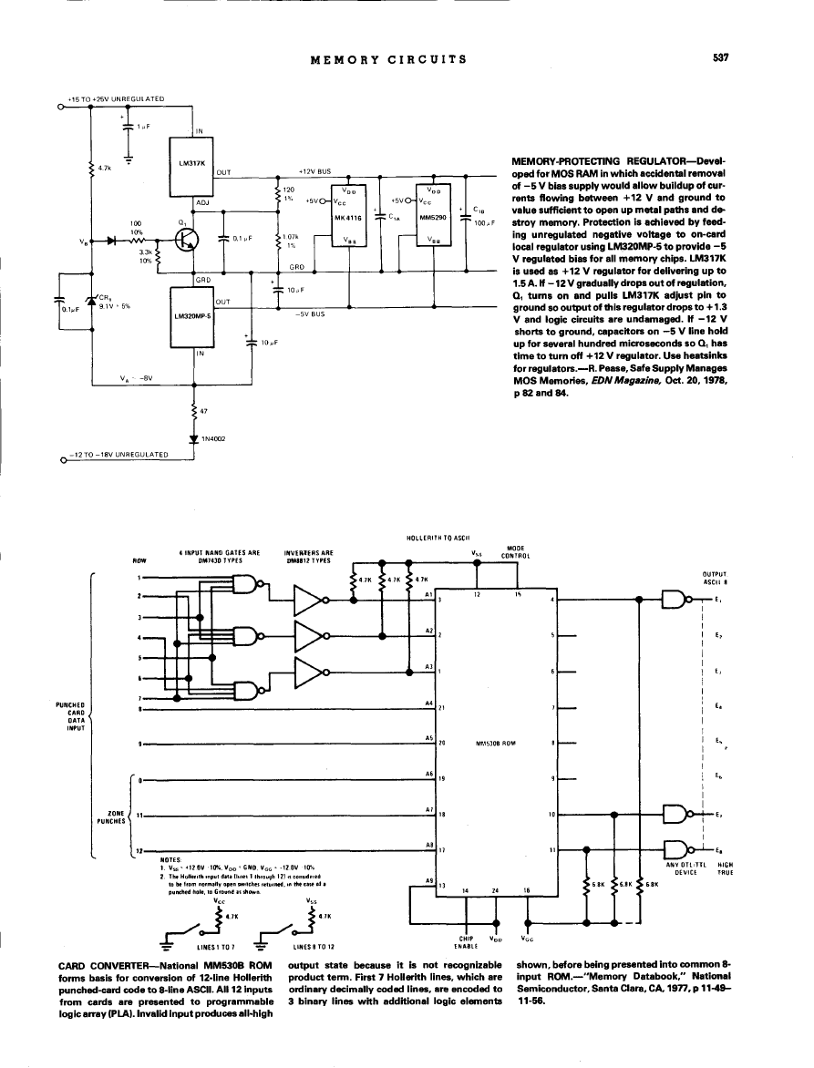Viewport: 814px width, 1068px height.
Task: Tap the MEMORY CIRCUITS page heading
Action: (x=388, y=60)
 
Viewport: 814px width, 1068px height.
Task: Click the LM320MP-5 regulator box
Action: (x=191, y=315)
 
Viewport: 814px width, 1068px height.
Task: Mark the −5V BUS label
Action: (x=312, y=314)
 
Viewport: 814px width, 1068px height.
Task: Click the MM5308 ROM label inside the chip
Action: (x=496, y=743)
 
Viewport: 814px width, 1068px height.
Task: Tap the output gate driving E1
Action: (x=676, y=599)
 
